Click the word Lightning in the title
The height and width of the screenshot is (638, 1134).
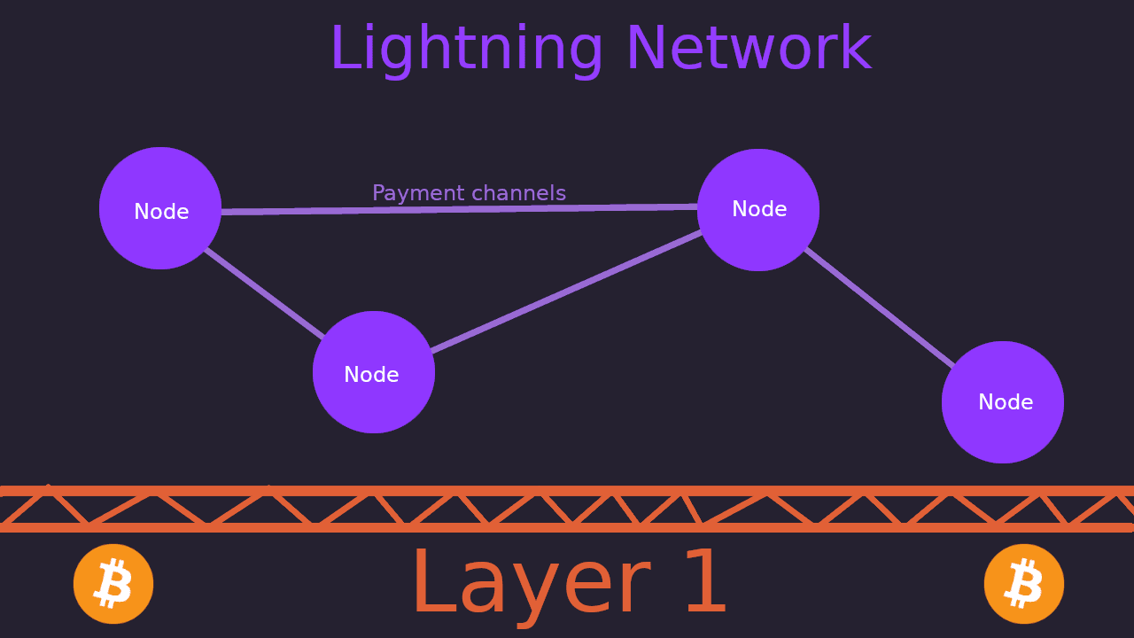click(466, 51)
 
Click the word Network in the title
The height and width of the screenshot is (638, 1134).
click(748, 51)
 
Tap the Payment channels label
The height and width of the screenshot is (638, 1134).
click(469, 193)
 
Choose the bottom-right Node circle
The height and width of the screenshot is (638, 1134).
click(1003, 434)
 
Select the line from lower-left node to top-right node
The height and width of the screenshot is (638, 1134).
click(567, 291)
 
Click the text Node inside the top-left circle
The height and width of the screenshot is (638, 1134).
click(161, 213)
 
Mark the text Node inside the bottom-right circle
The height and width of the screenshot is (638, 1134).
click(1006, 403)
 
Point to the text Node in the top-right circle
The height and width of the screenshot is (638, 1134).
click(759, 210)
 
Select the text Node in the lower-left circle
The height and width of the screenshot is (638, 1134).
click(371, 376)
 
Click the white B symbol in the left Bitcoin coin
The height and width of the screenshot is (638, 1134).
click(114, 584)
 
